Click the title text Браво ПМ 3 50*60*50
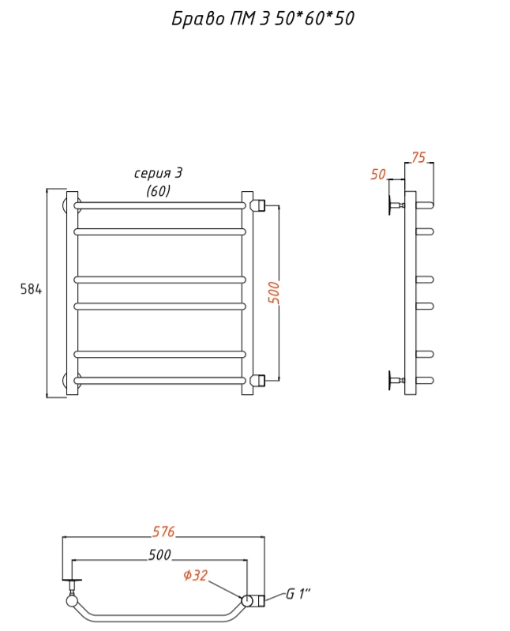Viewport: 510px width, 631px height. [x=263, y=18]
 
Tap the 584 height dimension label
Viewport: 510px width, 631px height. [x=31, y=289]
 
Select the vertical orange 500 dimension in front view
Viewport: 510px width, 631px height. [x=273, y=292]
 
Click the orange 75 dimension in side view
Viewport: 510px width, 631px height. [x=418, y=157]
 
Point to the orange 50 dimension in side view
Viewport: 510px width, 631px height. [x=378, y=175]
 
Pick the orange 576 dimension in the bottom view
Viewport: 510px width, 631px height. [x=163, y=531]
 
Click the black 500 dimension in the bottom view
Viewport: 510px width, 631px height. [x=159, y=555]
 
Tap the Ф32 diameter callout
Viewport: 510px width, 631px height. [x=196, y=575]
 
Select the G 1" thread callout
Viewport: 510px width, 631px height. [x=298, y=594]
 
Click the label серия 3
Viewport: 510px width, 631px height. [x=158, y=173]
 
